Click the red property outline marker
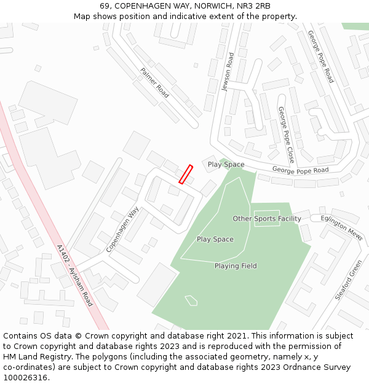[x=186, y=174]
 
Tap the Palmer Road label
[x=154, y=83]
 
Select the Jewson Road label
[x=228, y=72]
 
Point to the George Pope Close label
[x=286, y=135]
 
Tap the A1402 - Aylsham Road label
[x=74, y=275]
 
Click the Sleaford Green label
[x=349, y=280]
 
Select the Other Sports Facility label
[x=267, y=219]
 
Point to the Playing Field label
[x=236, y=266]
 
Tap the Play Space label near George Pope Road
[x=226, y=164]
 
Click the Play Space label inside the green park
[x=215, y=239]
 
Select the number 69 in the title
[x=105, y=6]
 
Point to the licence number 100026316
[x=25, y=378]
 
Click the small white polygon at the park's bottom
[x=191, y=300]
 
